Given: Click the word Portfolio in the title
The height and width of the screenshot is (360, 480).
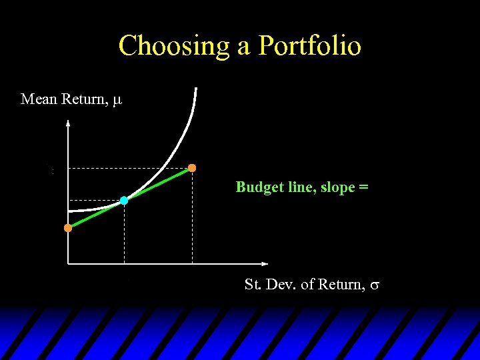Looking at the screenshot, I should point(309,47).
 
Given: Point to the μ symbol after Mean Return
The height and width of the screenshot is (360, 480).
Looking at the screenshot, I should point(117,101).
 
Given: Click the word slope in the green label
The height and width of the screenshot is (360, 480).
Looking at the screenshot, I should point(338,187).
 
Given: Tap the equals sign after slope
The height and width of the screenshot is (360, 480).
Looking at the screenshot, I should point(363,188).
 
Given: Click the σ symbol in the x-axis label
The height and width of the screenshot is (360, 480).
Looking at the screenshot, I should point(375,285).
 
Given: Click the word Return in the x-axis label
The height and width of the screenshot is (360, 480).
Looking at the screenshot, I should point(341,285).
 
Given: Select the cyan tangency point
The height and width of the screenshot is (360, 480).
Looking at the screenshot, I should point(124,200).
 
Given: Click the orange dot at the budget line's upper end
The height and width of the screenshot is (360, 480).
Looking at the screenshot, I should point(192,168).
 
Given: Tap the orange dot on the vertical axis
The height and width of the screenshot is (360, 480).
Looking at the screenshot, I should point(68,228).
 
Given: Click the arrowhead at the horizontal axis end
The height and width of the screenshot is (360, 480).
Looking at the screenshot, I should point(265,263).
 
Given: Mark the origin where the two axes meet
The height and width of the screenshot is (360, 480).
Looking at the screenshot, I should point(68,263).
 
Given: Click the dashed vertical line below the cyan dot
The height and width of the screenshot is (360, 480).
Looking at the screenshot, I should point(124,233).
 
